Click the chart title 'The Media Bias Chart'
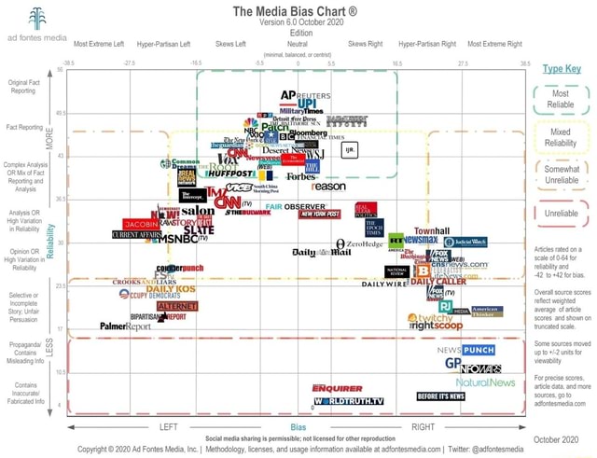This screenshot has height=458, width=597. click(x=298, y=10)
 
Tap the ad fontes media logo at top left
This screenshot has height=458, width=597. click(x=36, y=26)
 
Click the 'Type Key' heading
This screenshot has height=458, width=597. click(x=561, y=68)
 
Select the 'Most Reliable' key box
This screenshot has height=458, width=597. click(x=561, y=99)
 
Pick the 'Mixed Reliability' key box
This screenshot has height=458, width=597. click(x=561, y=137)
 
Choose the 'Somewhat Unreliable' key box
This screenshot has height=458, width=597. click(x=561, y=174)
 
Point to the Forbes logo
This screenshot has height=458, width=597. click(x=301, y=175)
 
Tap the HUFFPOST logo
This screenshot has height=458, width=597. click(x=229, y=173)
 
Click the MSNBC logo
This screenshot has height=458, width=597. click(x=177, y=238)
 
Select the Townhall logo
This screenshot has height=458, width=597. click(x=432, y=229)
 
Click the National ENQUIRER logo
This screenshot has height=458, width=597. click(x=337, y=386)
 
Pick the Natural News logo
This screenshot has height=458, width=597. click(x=485, y=382)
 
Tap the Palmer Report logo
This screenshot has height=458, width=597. click(x=125, y=326)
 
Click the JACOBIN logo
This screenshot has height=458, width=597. click(x=142, y=225)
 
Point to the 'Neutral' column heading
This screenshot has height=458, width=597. click(x=298, y=44)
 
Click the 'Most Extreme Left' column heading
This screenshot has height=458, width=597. click(x=99, y=44)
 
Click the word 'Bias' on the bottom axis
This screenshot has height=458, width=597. click(x=298, y=426)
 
